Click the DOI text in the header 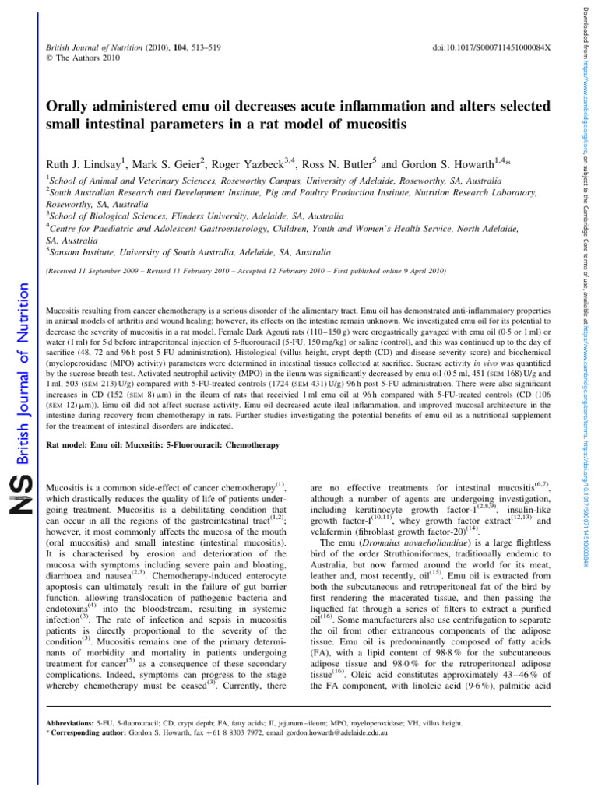pyautogui.click(x=491, y=48)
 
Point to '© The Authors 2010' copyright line pyautogui.click(x=82, y=59)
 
